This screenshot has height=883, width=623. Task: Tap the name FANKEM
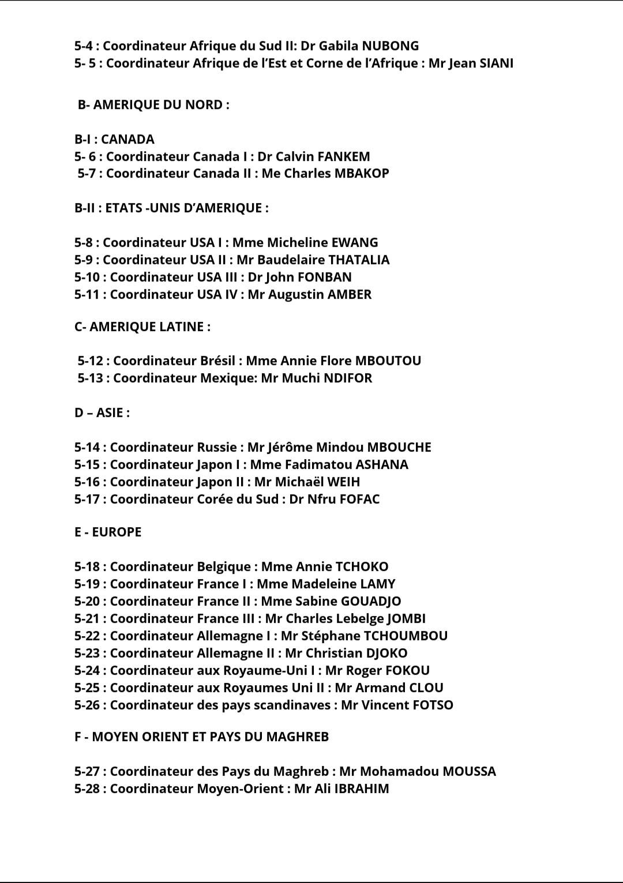(x=344, y=157)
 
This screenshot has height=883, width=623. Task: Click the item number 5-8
(x=86, y=243)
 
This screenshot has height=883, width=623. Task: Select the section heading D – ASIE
(x=102, y=413)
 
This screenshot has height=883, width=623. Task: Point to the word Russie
(x=217, y=448)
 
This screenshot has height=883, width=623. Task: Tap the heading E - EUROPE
(x=108, y=532)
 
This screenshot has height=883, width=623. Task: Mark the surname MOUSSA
(x=469, y=772)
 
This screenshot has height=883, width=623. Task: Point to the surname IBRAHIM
(x=362, y=789)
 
